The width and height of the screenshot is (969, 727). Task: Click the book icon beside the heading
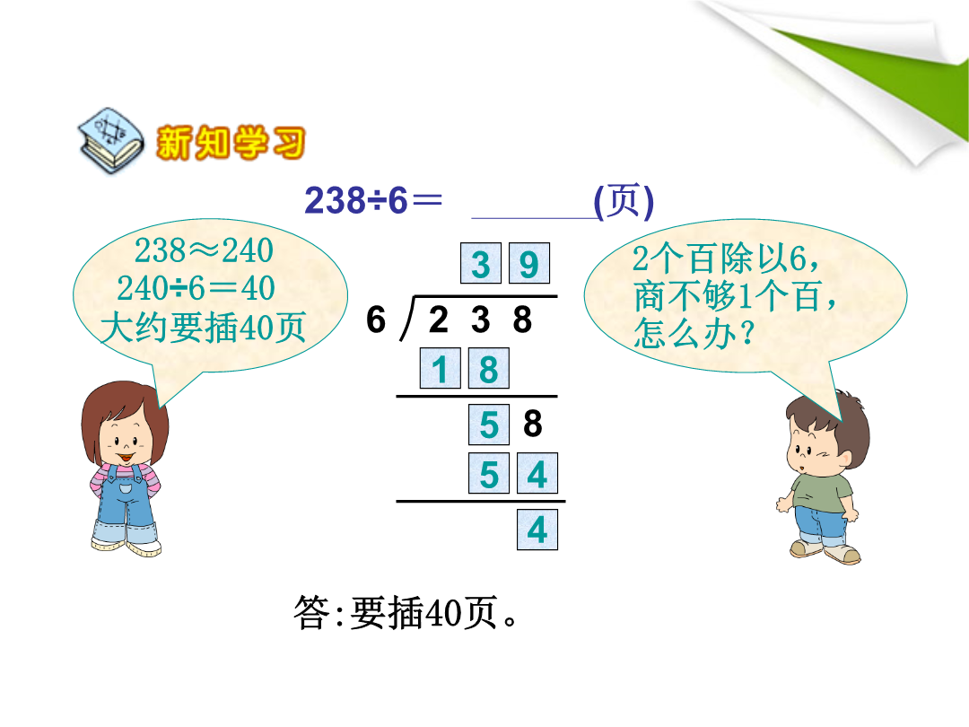(x=110, y=141)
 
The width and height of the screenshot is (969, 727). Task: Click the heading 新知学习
(x=231, y=143)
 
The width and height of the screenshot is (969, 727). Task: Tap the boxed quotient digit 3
(x=481, y=263)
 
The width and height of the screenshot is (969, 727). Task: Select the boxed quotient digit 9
(x=529, y=263)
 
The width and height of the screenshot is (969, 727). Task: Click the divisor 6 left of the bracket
(x=376, y=319)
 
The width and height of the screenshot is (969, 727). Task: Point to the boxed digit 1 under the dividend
(x=440, y=369)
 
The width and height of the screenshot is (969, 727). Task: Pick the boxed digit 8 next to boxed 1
(x=489, y=369)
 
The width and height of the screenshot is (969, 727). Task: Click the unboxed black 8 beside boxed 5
(x=533, y=424)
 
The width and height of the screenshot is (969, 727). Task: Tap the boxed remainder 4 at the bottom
(x=537, y=530)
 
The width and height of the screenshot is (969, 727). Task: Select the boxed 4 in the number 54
(x=537, y=474)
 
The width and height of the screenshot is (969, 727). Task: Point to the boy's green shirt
(x=821, y=492)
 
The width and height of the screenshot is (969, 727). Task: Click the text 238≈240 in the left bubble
(x=204, y=250)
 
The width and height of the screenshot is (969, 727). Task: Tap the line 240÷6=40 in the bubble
(x=196, y=288)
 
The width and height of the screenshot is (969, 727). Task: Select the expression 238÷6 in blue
(x=356, y=200)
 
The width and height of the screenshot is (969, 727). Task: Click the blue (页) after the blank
(x=624, y=201)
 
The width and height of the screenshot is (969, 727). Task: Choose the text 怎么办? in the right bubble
(x=694, y=333)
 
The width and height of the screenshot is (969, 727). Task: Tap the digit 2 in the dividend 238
(x=438, y=319)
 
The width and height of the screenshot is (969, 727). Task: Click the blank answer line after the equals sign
(x=533, y=217)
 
